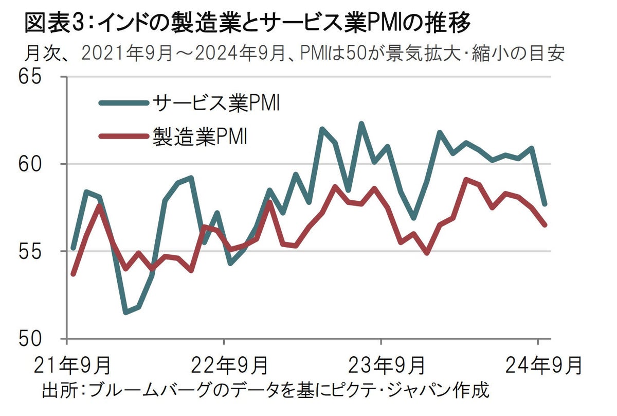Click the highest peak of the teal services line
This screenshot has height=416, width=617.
pos(361,124)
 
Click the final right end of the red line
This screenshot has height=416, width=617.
pos(545,225)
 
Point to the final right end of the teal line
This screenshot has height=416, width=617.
pos(545,204)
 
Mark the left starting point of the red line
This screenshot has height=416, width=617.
pos(73,274)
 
